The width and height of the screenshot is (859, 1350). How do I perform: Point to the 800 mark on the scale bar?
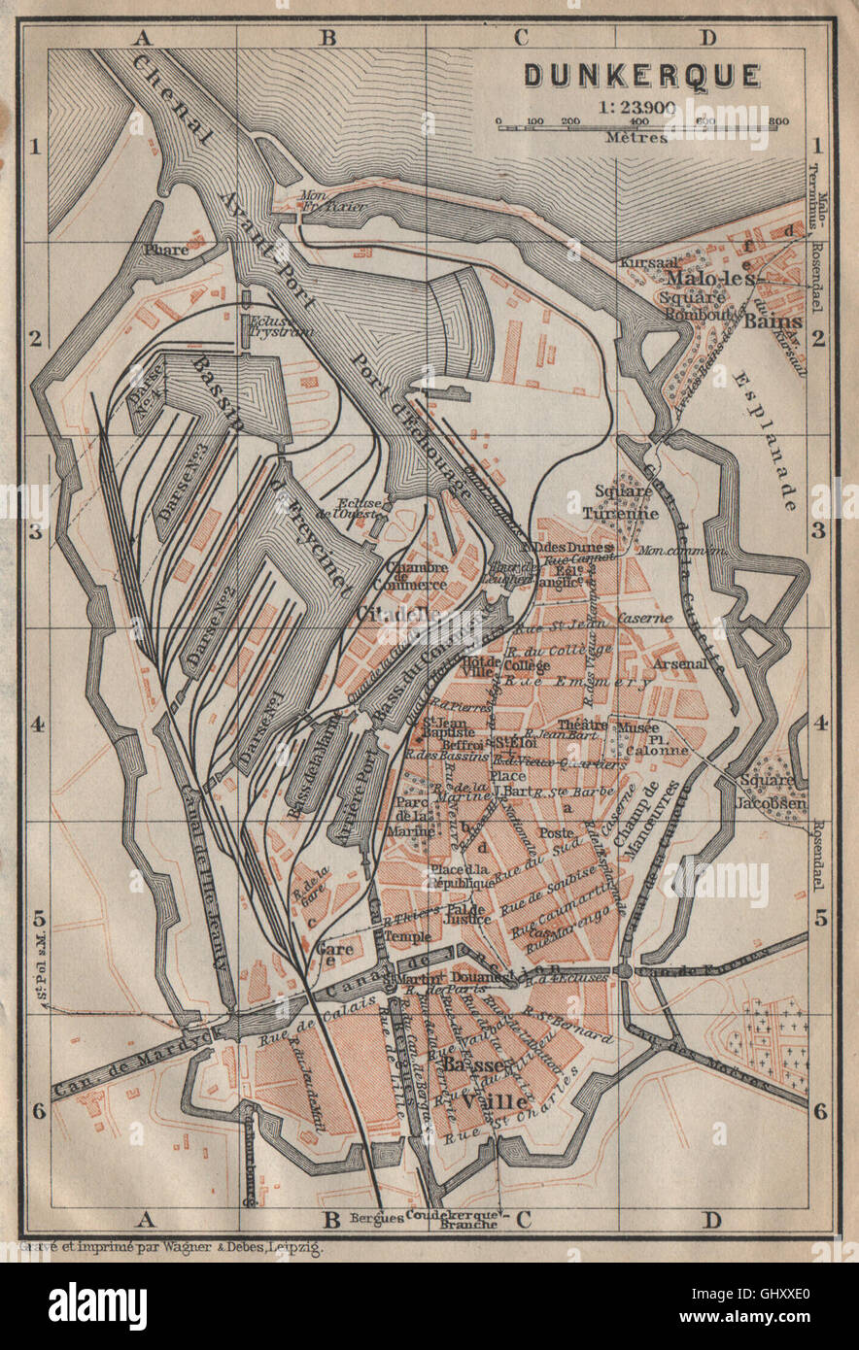click(x=777, y=122)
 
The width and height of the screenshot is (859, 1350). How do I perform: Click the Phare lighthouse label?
click(x=164, y=250)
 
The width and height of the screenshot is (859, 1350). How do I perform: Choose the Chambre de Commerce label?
click(x=416, y=576)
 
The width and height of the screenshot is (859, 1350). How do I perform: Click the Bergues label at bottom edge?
click(x=375, y=1216)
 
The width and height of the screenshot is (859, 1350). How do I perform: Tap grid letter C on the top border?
click(x=520, y=38)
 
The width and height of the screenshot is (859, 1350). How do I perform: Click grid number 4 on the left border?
click(x=39, y=725)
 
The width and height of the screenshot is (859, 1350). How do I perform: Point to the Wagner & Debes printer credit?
click(x=170, y=1248)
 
